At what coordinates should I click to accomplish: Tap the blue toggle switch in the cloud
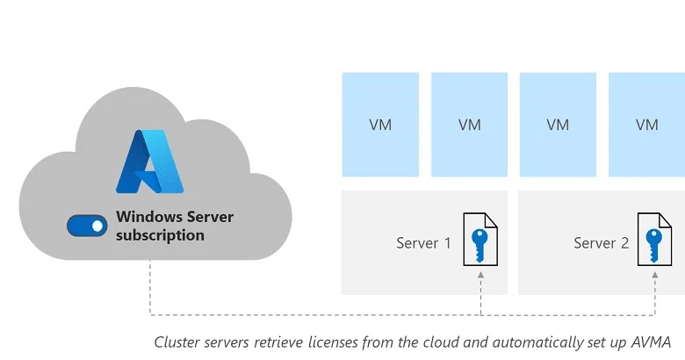pos(87,226)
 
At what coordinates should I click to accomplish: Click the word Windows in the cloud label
pos(149,217)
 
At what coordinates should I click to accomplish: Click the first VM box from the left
pos(380,125)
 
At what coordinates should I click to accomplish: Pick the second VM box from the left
pos(470,125)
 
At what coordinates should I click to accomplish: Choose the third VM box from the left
pos(558,125)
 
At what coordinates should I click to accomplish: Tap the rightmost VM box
pos(647,125)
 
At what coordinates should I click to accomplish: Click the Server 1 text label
pos(423,242)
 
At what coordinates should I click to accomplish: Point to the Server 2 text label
pos(602,242)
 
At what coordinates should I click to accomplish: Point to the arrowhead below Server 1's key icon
pos(481,276)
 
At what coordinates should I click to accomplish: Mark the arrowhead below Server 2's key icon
pos(656,276)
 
